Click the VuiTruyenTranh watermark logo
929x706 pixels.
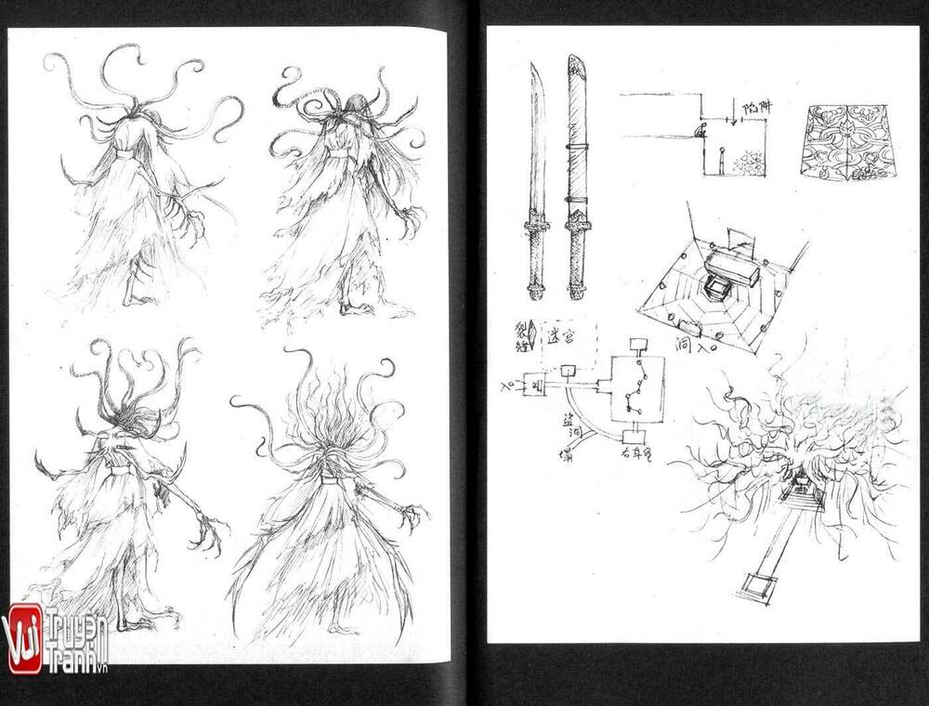click(56, 638)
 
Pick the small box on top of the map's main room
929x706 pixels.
click(637, 346)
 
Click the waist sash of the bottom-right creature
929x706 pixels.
click(330, 479)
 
